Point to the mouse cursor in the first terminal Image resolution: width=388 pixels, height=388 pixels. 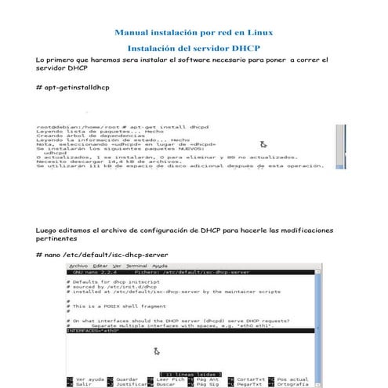(x=263, y=144)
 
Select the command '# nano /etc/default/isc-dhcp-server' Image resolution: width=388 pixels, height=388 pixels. (x=102, y=255)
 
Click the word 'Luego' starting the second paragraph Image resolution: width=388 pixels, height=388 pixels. (x=47, y=230)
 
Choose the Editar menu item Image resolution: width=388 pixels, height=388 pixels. (x=99, y=267)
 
